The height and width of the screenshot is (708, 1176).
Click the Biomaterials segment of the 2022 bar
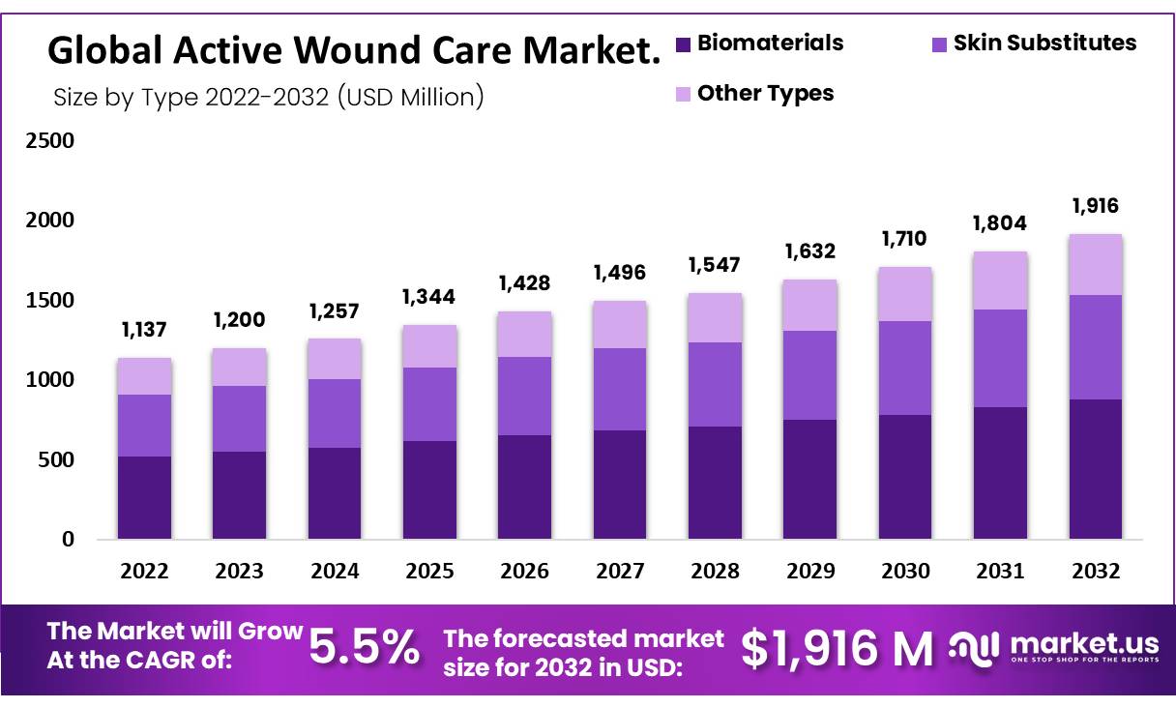pyautogui.click(x=144, y=497)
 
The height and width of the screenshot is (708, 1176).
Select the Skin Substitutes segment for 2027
pyautogui.click(x=620, y=389)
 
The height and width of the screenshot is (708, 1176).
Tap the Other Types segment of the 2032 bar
pyautogui.click(x=1096, y=264)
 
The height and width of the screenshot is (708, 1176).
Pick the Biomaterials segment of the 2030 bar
pyautogui.click(x=905, y=477)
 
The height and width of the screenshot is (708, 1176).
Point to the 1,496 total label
pyautogui.click(x=620, y=274)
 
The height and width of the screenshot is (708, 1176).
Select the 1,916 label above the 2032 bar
pyautogui.click(x=1096, y=206)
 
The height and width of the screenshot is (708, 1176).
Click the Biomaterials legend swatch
pyautogui.click(x=684, y=44)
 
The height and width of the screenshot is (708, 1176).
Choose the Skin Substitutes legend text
pyautogui.click(x=1044, y=44)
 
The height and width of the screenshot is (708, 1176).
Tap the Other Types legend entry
pyautogui.click(x=765, y=94)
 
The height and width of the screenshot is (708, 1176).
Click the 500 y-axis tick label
pyautogui.click(x=54, y=459)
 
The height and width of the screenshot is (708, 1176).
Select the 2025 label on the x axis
pyautogui.click(x=429, y=572)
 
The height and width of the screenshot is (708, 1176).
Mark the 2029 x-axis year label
pyautogui.click(x=810, y=572)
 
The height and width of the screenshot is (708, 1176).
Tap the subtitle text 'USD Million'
pyautogui.click(x=412, y=98)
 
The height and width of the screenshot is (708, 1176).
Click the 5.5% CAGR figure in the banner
pyautogui.click(x=365, y=647)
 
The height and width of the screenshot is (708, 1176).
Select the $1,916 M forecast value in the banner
pyautogui.click(x=838, y=648)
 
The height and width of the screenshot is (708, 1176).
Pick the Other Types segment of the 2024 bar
pyautogui.click(x=335, y=359)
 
